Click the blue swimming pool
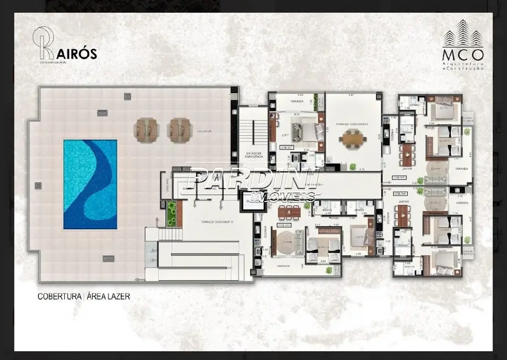[90, 184]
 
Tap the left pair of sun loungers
[146, 130]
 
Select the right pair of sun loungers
[180, 130]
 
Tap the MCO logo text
[463, 55]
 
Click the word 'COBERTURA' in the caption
[58, 296]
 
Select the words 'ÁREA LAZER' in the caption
[108, 296]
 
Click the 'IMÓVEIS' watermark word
[283, 197]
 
